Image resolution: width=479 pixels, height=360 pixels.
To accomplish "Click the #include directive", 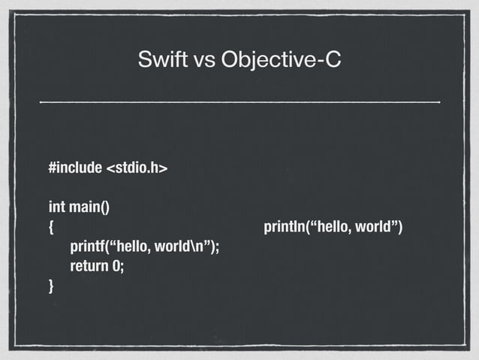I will click(74, 167).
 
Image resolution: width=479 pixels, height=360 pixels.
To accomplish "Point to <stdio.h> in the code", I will click(137, 167).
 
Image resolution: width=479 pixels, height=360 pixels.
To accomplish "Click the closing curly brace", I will click(51, 286).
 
